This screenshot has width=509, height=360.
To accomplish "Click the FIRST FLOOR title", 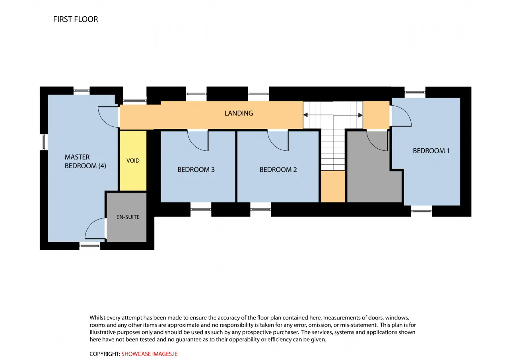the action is (x=76, y=19).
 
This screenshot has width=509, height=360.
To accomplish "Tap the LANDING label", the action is (x=239, y=113).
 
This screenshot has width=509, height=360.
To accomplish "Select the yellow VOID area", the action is (x=133, y=161).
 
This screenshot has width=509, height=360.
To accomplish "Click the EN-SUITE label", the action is (x=128, y=217).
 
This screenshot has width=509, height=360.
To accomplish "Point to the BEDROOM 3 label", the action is (x=196, y=169).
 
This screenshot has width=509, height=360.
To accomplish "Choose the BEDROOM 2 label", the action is (x=278, y=169).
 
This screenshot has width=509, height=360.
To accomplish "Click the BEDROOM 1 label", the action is (x=431, y=151).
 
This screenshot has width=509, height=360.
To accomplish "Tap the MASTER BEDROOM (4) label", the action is (x=85, y=162).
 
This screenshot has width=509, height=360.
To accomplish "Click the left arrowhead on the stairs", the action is (x=306, y=115).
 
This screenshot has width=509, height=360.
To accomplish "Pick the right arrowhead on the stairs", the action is (x=360, y=115).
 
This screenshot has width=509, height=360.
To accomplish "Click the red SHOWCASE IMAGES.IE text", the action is (x=149, y=354).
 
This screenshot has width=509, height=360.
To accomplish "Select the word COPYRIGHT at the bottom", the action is (x=105, y=354).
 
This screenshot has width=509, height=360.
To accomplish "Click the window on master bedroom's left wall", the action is (x=44, y=142).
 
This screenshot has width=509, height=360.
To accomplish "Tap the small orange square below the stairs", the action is (x=333, y=186).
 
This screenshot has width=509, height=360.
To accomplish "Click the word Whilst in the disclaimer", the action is (x=97, y=317).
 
